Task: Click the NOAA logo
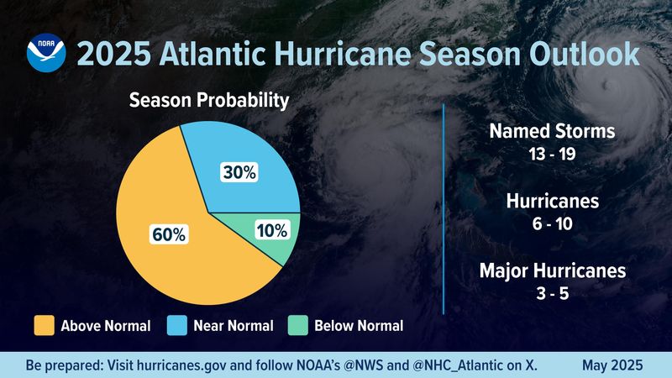pos(45,54)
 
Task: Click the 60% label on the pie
pos(169,234)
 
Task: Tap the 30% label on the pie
pos(239,173)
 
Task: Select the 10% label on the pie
pos(271,229)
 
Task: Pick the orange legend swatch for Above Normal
pos(43,325)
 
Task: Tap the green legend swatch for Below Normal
pos(297,325)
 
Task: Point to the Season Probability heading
pos(208,101)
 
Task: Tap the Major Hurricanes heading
pos(552,271)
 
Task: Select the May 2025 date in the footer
pos(613,365)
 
